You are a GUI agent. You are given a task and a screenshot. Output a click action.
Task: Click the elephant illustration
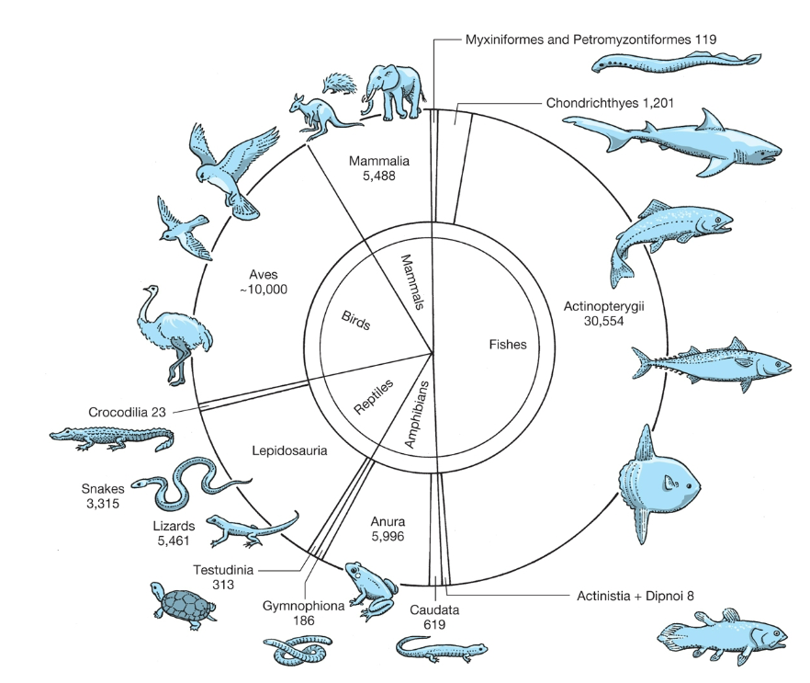click(392, 91)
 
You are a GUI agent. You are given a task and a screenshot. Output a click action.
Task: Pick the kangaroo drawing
click(317, 116)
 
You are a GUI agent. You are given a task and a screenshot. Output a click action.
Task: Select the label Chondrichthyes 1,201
click(611, 103)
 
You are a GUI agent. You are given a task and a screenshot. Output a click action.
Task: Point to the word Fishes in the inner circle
click(508, 346)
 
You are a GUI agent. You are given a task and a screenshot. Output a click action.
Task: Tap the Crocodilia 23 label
click(128, 411)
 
